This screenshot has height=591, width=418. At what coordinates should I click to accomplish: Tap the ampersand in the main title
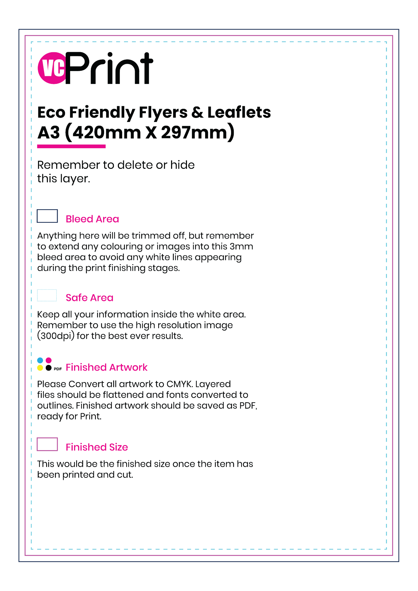(x=197, y=113)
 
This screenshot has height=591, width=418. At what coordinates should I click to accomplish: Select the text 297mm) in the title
(x=197, y=132)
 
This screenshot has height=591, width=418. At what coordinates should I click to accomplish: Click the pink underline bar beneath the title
(x=71, y=147)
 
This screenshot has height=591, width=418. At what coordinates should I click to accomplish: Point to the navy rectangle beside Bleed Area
(x=47, y=216)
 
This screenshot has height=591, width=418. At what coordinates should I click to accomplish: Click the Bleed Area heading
(x=92, y=219)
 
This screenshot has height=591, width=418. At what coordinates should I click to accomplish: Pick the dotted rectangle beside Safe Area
(x=47, y=295)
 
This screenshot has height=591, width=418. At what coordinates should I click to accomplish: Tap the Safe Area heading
(x=90, y=298)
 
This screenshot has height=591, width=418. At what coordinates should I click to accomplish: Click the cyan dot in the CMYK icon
(x=40, y=361)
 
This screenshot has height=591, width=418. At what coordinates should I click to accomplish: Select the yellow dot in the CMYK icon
(x=40, y=368)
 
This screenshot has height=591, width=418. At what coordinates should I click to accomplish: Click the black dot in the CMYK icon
(x=49, y=368)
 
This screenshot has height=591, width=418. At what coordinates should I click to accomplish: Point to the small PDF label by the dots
(x=58, y=369)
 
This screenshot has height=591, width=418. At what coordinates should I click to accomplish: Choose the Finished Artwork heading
(x=106, y=367)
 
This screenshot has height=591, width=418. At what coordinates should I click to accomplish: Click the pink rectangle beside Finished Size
(x=47, y=444)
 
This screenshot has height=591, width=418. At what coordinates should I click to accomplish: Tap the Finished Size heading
(x=97, y=447)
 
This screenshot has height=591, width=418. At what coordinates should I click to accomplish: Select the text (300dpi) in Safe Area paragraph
(x=56, y=336)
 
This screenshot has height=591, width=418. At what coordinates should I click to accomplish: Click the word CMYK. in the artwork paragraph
(x=180, y=384)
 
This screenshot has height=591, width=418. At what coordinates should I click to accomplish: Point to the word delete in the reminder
(x=135, y=165)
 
